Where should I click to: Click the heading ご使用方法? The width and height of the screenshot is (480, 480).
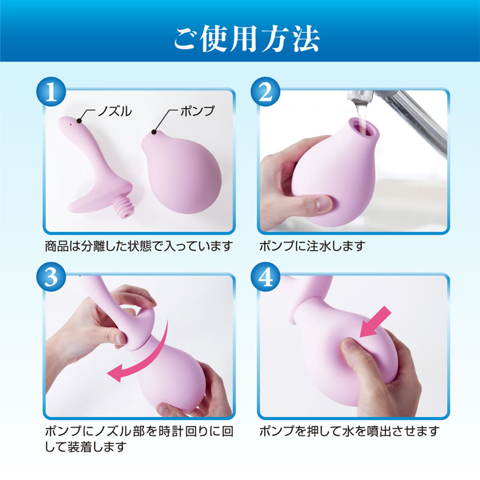point(247,38)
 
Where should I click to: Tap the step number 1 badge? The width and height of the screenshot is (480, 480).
point(51,92)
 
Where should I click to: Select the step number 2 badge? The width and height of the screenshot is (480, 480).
point(265,92)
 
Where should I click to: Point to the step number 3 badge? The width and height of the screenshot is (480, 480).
point(51,277)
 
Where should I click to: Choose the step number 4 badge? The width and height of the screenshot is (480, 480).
point(265,277)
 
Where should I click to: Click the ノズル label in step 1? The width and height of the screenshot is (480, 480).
point(115,111)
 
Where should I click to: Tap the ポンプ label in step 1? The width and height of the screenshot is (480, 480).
point(197,111)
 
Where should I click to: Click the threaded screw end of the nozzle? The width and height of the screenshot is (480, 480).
point(125,208)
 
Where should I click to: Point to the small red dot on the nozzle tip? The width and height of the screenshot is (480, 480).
point(71,124)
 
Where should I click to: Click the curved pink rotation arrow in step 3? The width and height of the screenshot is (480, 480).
point(142,355)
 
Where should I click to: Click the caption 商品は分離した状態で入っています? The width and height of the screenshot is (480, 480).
point(139,246)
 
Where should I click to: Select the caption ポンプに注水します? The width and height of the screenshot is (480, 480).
point(312,246)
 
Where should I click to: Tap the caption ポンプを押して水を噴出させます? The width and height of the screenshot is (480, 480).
point(349,431)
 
